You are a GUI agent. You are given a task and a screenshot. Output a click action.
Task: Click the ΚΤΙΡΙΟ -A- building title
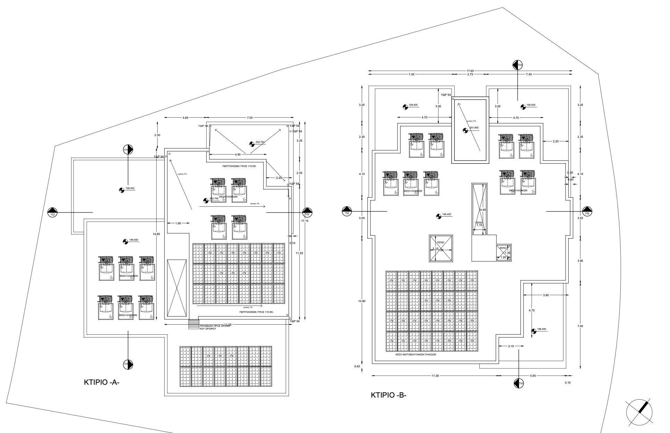pos(102,382)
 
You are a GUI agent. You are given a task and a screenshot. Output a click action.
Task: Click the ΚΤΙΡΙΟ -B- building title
pos(388,395)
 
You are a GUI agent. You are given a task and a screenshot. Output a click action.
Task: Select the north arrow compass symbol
pos(639,412)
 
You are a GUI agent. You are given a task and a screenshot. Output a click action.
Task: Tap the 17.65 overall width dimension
pos(470,71)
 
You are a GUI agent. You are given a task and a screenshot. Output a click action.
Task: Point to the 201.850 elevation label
pos(474,128)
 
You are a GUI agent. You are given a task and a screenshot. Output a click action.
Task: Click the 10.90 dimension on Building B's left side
pos(361,301)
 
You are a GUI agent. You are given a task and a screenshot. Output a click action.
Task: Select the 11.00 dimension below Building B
pos(435,376)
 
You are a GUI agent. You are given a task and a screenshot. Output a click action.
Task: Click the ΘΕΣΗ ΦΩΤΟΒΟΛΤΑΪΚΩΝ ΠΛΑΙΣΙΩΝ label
pos(416,355)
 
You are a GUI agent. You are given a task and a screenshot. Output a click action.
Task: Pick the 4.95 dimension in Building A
pos(238,154)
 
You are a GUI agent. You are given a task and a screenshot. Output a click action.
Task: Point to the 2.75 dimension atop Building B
pos(470,74)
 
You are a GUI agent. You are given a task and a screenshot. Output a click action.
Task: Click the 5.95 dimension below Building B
pos(533,376)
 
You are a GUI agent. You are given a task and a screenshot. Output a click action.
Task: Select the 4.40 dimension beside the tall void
pos(483,210)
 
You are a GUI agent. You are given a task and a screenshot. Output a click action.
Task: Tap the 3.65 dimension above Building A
pos(186,118)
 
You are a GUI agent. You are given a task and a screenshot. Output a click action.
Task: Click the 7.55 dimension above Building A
pos(250,118)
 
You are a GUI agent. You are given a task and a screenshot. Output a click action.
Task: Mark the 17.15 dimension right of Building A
pos(304,221)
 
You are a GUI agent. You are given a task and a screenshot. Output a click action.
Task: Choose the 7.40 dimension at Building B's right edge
pos(580,326)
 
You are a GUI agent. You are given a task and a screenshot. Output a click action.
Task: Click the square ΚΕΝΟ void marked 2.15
pos(441,248)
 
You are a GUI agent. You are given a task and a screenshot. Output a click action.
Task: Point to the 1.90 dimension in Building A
pos(178,223)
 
